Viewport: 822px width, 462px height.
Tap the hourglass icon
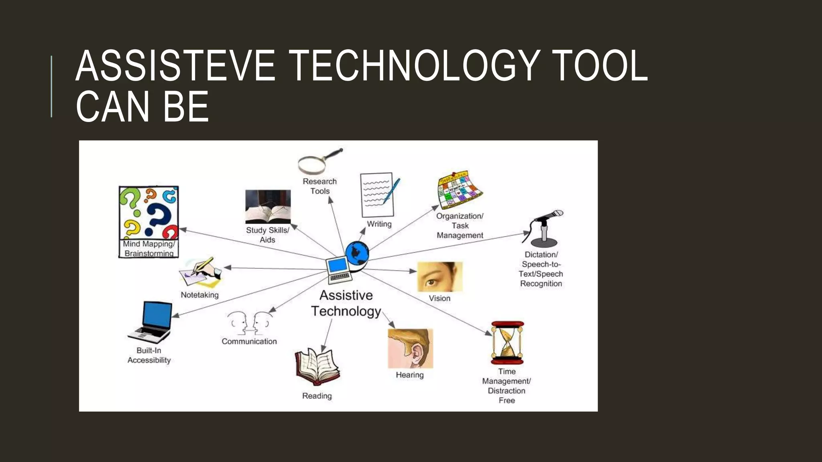coord(507,342)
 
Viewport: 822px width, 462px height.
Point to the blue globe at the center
coord(357,253)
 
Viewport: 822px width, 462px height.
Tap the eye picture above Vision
coord(440,277)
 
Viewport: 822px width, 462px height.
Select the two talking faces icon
coord(250,323)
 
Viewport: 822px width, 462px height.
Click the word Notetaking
coord(199,295)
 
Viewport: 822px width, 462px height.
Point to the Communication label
coord(249,342)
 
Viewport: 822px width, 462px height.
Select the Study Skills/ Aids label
coord(267,235)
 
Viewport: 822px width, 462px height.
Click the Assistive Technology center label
coord(346,303)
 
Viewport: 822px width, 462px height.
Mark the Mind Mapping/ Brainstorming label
coord(149,249)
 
